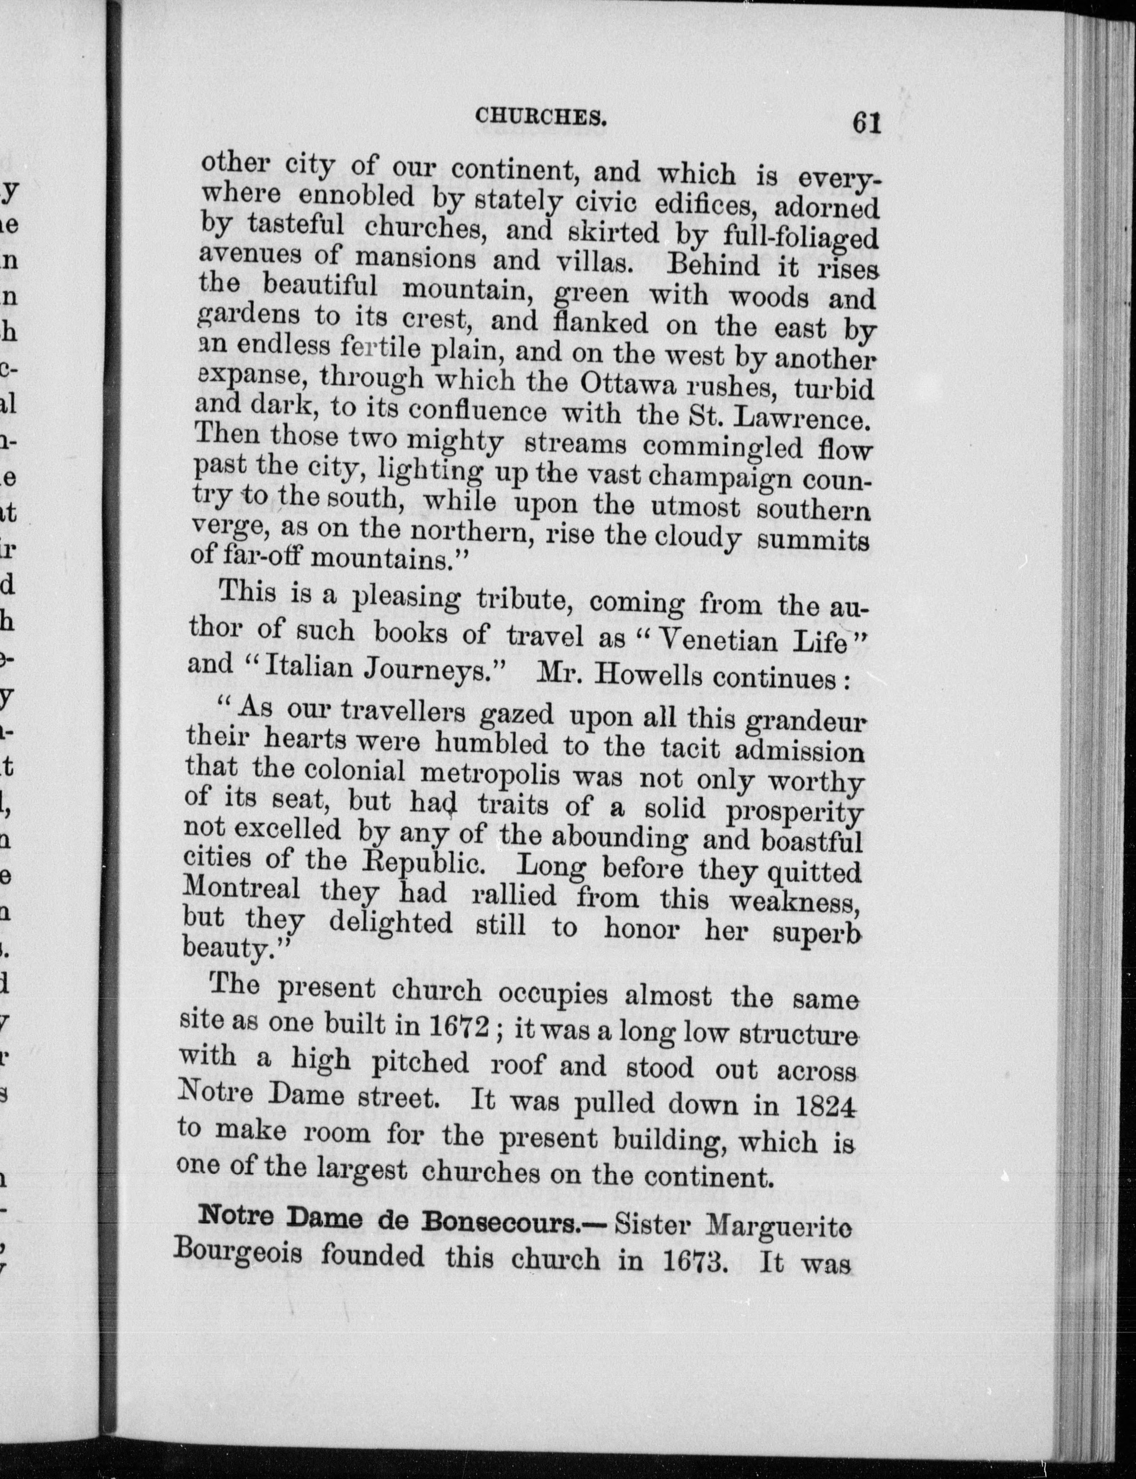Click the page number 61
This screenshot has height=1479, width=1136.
pyautogui.click(x=866, y=123)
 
